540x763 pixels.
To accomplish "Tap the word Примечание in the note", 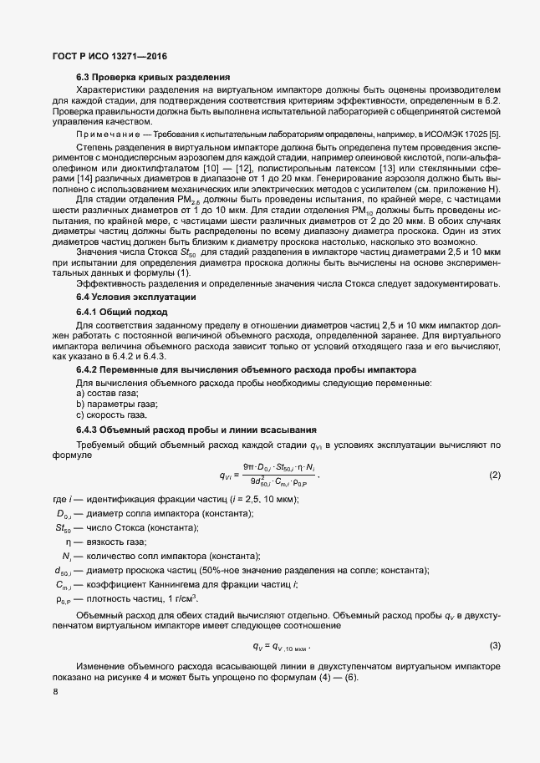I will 107,134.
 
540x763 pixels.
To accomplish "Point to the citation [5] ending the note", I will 495,134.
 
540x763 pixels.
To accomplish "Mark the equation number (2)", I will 494,476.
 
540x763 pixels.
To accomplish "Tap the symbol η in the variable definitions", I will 68,542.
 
